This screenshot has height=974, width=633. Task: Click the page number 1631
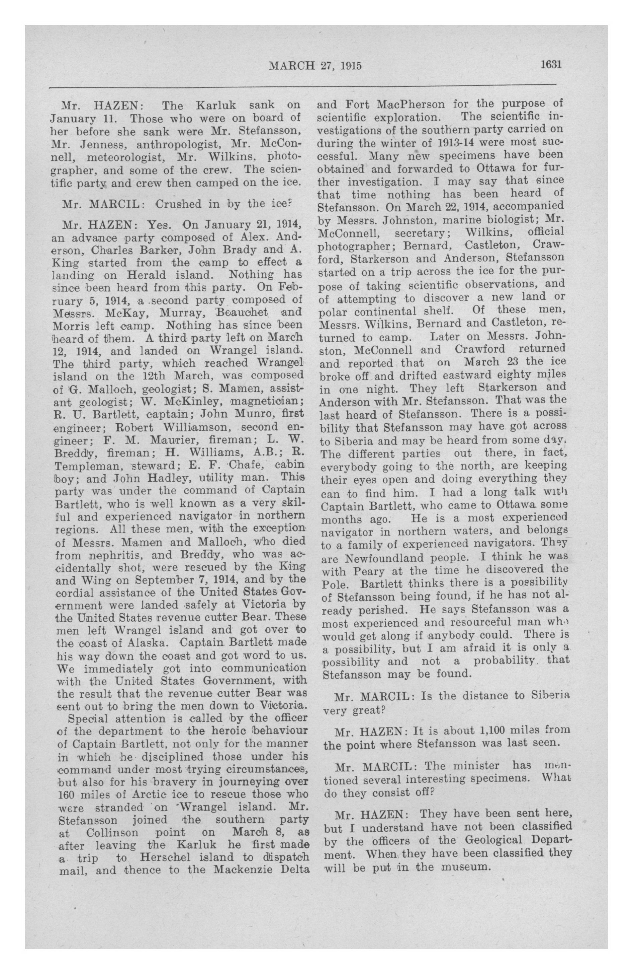(x=552, y=65)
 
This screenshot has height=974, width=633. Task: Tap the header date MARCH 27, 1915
(x=315, y=66)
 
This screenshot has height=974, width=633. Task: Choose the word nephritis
(x=116, y=555)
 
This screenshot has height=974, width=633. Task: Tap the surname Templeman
(x=87, y=465)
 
